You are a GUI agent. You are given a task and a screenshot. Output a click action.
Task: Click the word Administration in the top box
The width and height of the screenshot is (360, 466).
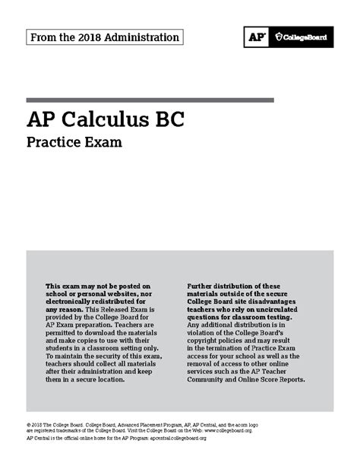point(142,36)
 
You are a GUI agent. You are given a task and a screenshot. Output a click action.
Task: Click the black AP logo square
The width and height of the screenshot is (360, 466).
point(256,36)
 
